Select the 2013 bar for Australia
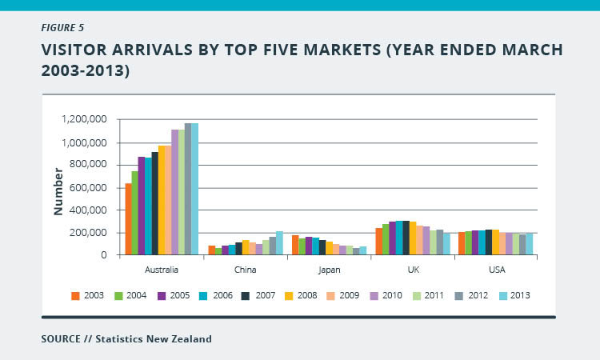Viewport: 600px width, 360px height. pyautogui.click(x=194, y=190)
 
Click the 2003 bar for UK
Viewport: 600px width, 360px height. pyautogui.click(x=379, y=242)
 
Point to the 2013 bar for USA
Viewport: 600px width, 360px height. pyautogui.click(x=529, y=244)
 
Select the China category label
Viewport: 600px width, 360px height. pyautogui.click(x=246, y=270)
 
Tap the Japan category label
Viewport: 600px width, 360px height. pyautogui.click(x=329, y=270)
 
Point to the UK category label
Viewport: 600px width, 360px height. pyautogui.click(x=413, y=270)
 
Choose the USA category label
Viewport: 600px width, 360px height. pyautogui.click(x=496, y=270)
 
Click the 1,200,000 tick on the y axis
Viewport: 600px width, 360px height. pyautogui.click(x=83, y=120)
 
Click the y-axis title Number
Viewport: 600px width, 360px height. pyautogui.click(x=58, y=191)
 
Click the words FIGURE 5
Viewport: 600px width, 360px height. pyautogui.click(x=66, y=25)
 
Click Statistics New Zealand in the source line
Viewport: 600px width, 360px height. pyautogui.click(x=154, y=339)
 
